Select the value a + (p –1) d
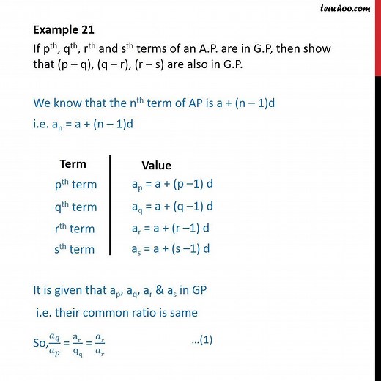pos(177,185)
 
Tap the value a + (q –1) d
pos(177,206)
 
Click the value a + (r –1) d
pos(176,228)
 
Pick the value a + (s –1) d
pos(176,249)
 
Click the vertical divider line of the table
pos(109,205)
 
